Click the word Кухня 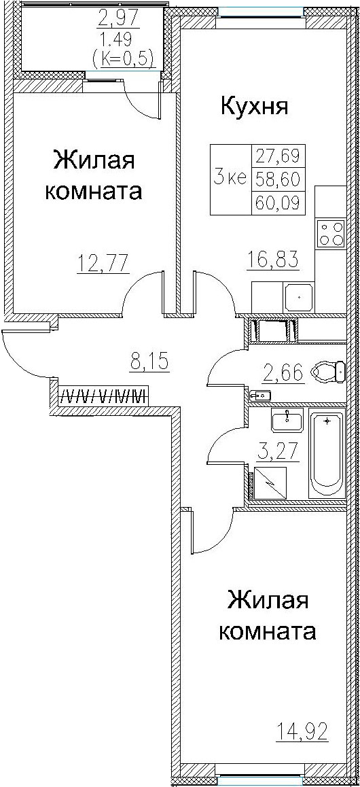(x=254, y=107)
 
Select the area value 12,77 (x=103, y=262)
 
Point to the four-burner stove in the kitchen (x=331, y=233)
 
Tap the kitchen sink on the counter (x=298, y=296)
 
